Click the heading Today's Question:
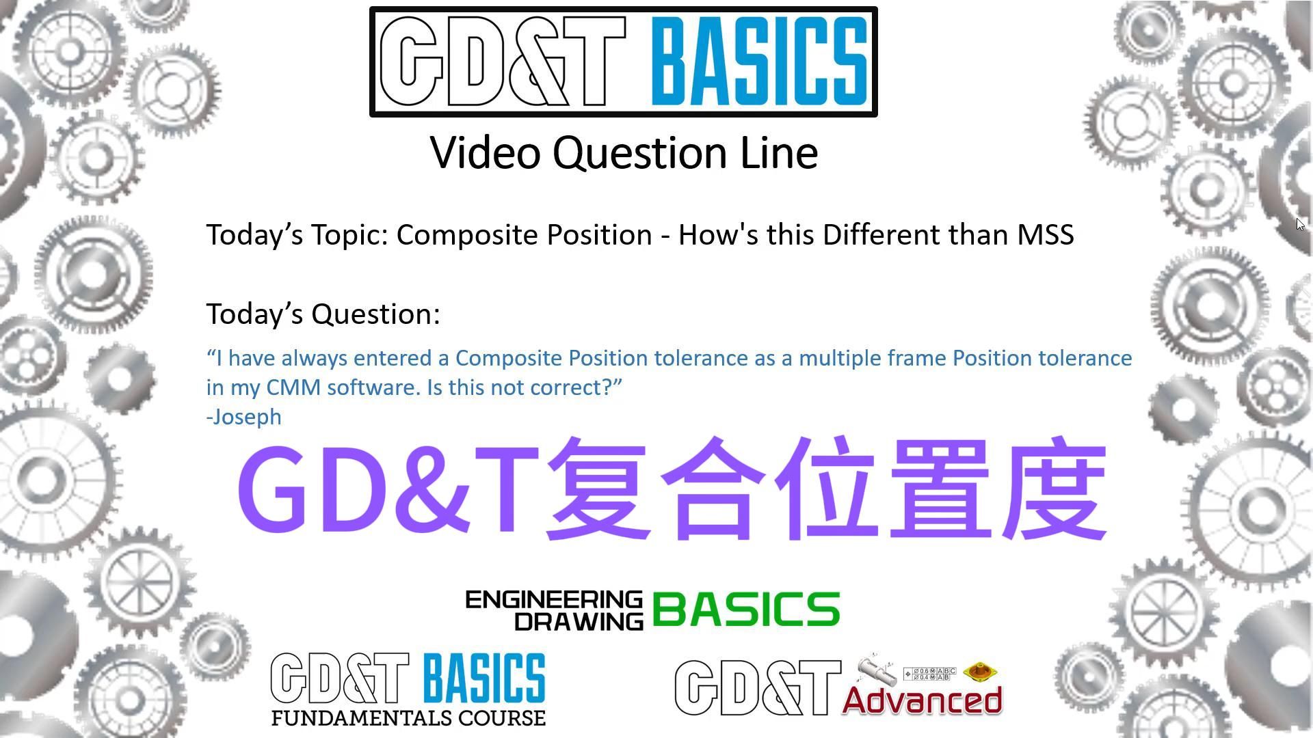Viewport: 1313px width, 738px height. point(323,314)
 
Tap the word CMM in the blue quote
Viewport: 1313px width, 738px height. point(293,387)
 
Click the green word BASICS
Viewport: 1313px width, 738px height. point(746,610)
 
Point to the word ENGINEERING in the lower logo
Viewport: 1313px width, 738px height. point(554,600)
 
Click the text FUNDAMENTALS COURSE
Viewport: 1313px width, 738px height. point(408,718)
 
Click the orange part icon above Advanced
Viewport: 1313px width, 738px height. point(981,672)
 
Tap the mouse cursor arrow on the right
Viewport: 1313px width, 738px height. point(1299,224)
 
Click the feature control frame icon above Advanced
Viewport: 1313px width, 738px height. point(929,674)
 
